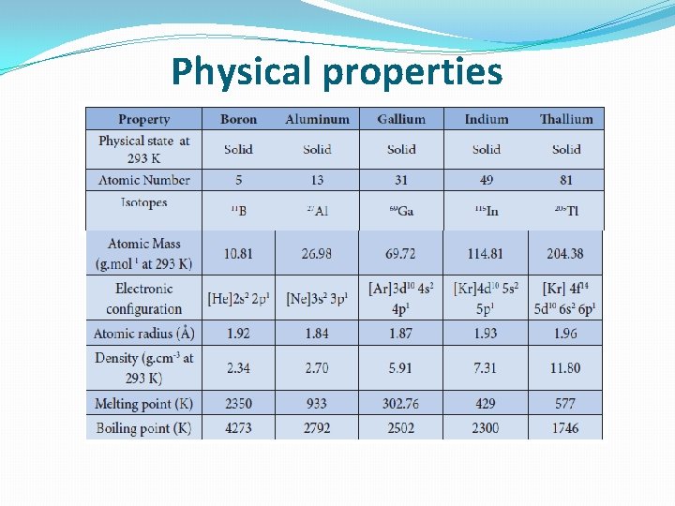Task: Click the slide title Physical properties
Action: [337, 71]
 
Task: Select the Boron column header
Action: [238, 119]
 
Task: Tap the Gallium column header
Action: [401, 119]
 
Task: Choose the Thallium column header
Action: [566, 119]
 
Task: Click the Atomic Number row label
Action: [144, 180]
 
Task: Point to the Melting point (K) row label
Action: [144, 404]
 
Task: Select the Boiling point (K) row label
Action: [144, 428]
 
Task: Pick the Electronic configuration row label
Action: [144, 299]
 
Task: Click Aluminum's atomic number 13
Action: [317, 180]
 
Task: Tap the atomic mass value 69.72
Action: [400, 254]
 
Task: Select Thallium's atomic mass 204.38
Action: [565, 254]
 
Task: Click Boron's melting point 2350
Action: [238, 404]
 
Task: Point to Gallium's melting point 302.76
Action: [400, 404]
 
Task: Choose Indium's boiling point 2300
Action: [485, 428]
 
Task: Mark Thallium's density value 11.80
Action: [565, 368]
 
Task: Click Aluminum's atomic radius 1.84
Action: [317, 334]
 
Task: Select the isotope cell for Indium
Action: [486, 211]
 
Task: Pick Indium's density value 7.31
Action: [485, 368]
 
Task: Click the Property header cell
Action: [144, 119]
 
